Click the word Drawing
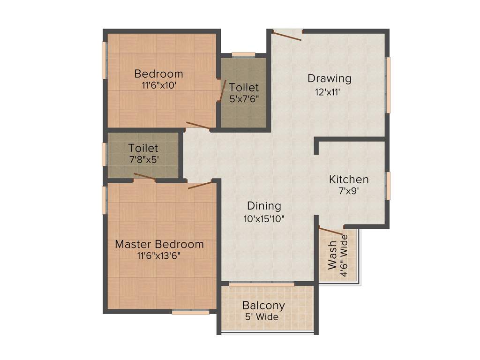[x=329, y=78]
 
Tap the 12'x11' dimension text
[x=327, y=92]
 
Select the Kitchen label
[x=349, y=180]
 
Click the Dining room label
[x=264, y=206]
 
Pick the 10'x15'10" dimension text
[x=264, y=218]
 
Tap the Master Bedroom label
[x=159, y=244]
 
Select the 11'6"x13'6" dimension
[x=159, y=256]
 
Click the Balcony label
[x=263, y=306]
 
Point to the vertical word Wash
[x=332, y=255]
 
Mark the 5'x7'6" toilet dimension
[x=244, y=99]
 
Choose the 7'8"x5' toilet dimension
[x=144, y=159]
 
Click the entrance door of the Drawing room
[x=287, y=35]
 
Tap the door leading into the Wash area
[x=331, y=230]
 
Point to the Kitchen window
[x=388, y=186]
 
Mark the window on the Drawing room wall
[x=388, y=85]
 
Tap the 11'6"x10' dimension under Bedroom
[x=158, y=86]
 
